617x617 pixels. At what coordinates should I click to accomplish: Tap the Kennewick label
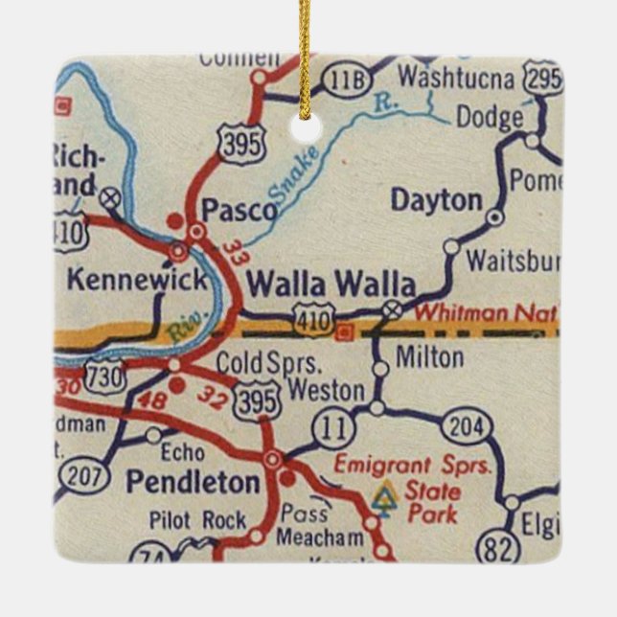[x=136, y=280]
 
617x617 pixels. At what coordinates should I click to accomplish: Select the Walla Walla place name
[x=331, y=285]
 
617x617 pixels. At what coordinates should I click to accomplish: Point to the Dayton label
[x=436, y=200]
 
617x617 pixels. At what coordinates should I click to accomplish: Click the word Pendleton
[x=192, y=481]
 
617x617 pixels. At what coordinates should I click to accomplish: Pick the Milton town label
[x=430, y=358]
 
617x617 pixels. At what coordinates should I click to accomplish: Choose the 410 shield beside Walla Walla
[x=314, y=319]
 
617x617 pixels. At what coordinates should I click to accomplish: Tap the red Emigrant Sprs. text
[x=412, y=466]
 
